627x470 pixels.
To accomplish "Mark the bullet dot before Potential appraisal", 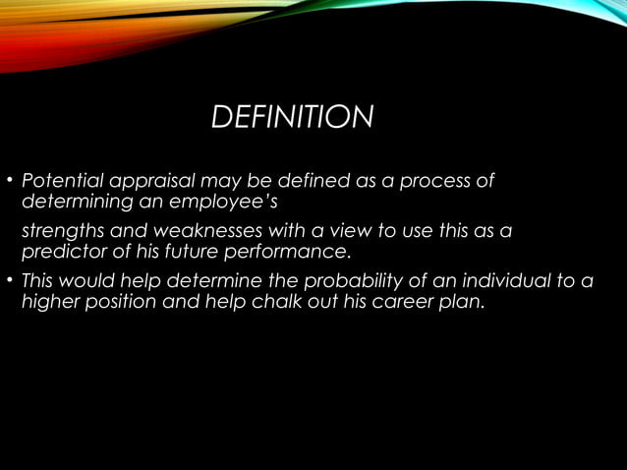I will pyautogui.click(x=10, y=182).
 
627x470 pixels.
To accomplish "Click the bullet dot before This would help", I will pyautogui.click(x=10, y=281).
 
